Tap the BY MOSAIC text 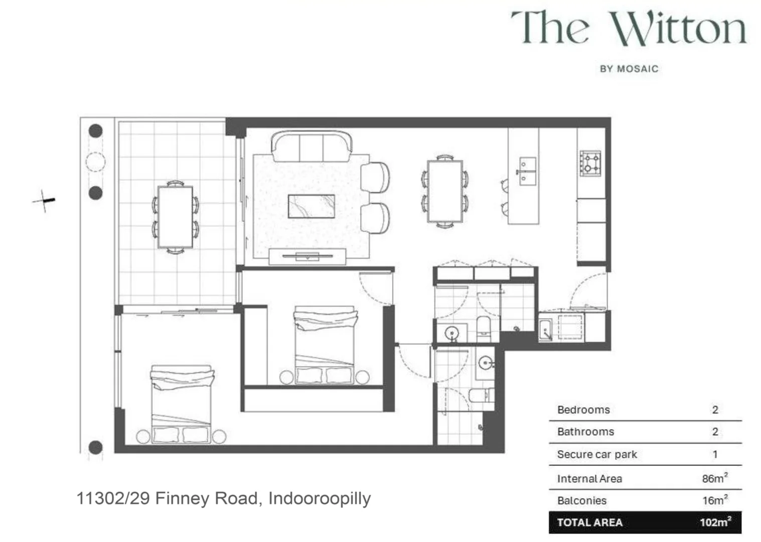pos(629,69)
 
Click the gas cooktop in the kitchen pos(590,163)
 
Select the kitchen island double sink pos(527,171)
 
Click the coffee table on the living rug pos(311,206)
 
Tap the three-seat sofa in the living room pos(311,147)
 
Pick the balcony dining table pos(175,216)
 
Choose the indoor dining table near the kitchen pos(444,191)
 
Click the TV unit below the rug pos(307,256)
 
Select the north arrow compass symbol pos(45,201)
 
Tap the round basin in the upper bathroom pos(452,333)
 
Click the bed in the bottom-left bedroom pos(181,404)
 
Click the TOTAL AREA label pos(589,522)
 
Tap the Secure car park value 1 pos(715,454)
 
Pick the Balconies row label pos(581,500)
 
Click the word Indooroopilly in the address pos(320,498)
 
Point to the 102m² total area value pos(715,522)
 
